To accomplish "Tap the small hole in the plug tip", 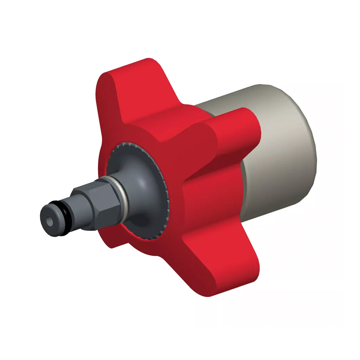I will tap(50, 222).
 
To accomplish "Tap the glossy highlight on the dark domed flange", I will tap(141, 179).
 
